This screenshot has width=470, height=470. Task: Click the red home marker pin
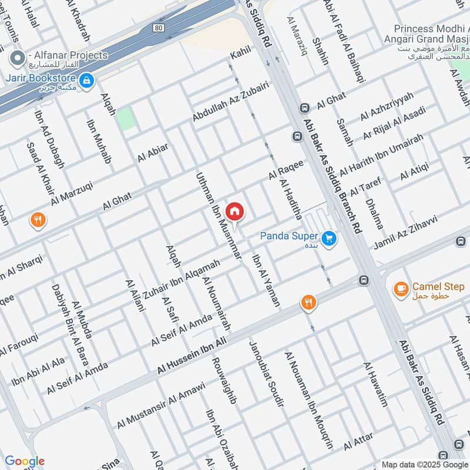coord(234,211)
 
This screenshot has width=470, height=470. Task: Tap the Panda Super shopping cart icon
coord(329,238)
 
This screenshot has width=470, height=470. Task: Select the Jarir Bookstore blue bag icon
coord(86,80)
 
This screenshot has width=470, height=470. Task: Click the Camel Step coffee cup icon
coord(401,288)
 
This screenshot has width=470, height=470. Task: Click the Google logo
coord(25,461)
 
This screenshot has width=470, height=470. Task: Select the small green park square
coord(125,119)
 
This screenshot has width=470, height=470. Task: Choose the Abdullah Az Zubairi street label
coord(230,102)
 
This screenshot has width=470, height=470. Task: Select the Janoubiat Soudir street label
coord(266,373)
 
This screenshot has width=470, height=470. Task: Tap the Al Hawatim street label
coord(376,385)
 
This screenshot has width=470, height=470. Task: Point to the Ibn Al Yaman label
coord(266,281)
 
